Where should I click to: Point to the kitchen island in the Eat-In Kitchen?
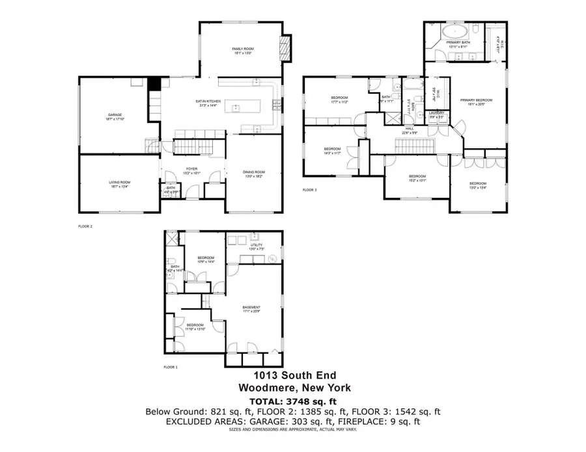[242, 106]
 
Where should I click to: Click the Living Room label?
[119, 184]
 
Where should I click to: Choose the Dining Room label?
[255, 174]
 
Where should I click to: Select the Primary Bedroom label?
[476, 101]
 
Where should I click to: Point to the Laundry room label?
[437, 114]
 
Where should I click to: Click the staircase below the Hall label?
[412, 144]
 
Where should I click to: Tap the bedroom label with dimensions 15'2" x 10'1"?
[417, 178]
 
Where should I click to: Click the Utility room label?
[256, 246]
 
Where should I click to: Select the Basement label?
[251, 309]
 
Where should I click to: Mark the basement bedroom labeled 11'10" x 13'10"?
[195, 326]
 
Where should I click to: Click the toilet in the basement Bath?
[169, 275]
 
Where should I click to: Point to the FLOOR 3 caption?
[309, 191]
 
